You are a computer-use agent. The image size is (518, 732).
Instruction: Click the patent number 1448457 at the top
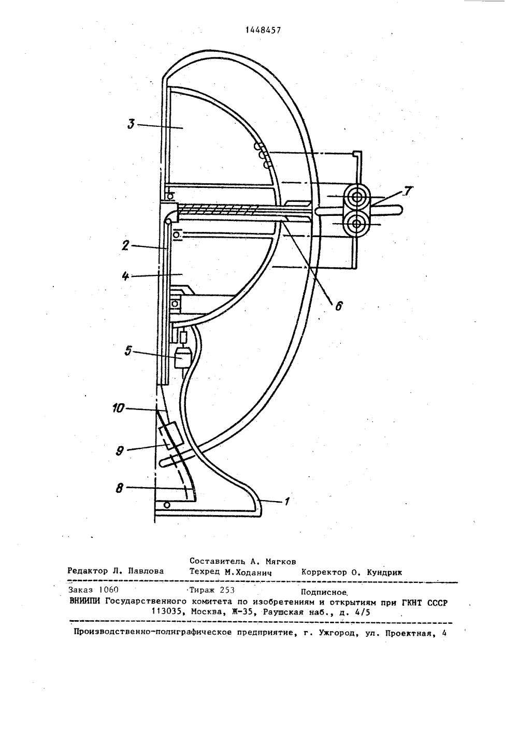263,31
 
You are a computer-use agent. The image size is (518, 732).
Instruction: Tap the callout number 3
131,125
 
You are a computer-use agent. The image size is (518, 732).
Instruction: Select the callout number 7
409,191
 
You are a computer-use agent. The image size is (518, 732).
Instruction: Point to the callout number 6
338,306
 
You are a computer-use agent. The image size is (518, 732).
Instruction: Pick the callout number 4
125,276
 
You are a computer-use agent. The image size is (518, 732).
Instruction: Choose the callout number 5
128,352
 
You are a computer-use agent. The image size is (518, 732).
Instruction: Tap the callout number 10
119,408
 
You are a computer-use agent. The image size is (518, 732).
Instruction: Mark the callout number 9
120,451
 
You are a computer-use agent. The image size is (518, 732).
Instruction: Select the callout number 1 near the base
287,501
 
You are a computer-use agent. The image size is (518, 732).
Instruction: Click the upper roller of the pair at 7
356,197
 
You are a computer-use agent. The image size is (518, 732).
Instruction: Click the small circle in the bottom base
167,505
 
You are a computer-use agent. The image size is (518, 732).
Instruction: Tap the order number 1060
108,590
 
